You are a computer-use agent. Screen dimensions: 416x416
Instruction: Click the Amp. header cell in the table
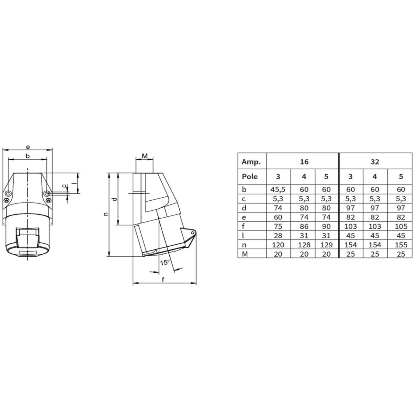click(x=251, y=162)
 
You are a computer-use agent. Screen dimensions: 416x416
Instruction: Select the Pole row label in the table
click(x=250, y=176)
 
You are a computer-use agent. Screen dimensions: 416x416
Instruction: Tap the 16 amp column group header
click(x=304, y=162)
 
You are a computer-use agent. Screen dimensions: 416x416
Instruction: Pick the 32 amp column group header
click(x=375, y=162)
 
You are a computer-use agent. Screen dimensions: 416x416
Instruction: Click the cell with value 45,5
click(x=278, y=190)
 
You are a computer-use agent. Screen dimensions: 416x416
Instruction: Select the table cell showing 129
click(x=326, y=245)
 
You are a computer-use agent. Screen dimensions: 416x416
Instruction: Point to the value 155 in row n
click(x=401, y=245)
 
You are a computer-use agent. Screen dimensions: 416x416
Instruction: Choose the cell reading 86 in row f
click(x=304, y=226)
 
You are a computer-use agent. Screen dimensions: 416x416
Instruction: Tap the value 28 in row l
click(x=278, y=236)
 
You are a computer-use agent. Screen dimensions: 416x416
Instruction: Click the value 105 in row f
click(x=401, y=226)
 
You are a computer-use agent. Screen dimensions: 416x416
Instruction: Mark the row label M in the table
click(x=245, y=254)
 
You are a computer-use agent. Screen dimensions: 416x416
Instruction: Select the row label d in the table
click(x=244, y=208)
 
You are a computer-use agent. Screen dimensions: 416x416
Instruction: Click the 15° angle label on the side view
click(x=165, y=262)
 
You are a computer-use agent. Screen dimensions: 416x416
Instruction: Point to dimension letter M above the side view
click(x=145, y=156)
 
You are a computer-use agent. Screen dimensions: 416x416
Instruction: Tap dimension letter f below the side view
click(x=163, y=280)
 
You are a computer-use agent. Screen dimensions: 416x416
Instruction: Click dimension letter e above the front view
click(x=28, y=147)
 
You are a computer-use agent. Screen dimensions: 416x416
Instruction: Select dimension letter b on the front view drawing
click(x=28, y=156)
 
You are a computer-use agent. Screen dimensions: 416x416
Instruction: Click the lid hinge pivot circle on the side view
click(x=192, y=232)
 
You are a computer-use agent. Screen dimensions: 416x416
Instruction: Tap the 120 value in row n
click(x=278, y=245)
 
